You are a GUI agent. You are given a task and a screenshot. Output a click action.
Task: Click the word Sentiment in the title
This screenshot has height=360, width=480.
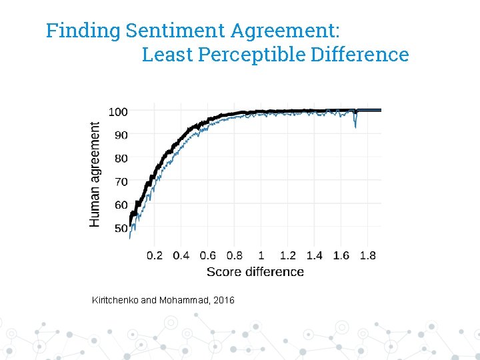click(x=175, y=31)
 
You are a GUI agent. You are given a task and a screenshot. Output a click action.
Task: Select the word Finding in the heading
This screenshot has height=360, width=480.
click(x=83, y=31)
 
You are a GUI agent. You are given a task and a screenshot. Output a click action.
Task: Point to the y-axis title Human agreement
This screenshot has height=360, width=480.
click(x=95, y=173)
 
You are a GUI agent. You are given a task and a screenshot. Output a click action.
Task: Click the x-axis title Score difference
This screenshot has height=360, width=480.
click(x=255, y=271)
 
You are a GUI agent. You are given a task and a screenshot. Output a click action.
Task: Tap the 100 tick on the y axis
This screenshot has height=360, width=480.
click(x=118, y=112)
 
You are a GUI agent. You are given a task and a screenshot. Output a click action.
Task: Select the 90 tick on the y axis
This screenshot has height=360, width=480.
click(x=121, y=135)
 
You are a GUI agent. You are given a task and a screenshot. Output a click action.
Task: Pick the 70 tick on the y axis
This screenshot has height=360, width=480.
click(x=121, y=181)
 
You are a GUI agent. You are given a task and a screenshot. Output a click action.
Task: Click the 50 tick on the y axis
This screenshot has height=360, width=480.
click(x=121, y=228)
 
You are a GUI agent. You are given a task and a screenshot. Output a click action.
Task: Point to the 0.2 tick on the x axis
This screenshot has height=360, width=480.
click(x=154, y=255)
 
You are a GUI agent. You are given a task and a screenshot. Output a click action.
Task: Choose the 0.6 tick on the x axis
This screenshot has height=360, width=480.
click(x=208, y=255)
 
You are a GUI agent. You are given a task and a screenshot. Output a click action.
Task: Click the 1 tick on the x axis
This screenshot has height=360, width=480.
click(x=261, y=255)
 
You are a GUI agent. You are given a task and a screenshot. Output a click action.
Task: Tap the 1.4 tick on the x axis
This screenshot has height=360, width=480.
click(x=314, y=255)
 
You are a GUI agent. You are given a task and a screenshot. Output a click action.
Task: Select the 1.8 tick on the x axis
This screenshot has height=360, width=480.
click(x=367, y=255)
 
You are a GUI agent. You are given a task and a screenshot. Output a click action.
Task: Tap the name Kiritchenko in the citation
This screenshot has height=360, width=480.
click(x=115, y=301)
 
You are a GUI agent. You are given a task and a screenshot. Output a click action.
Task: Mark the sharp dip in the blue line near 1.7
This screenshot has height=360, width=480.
click(x=355, y=125)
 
